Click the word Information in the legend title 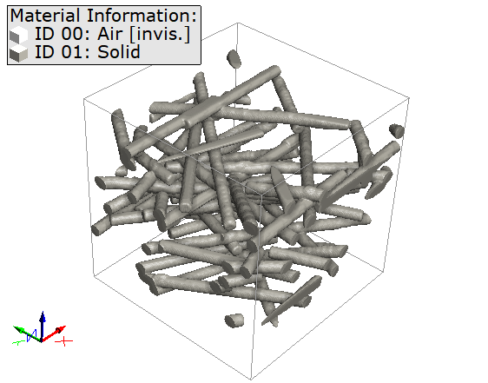[x=142, y=16]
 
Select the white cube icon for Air [x=18, y=35]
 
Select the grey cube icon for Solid [x=18, y=53]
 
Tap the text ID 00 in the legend [x=57, y=35]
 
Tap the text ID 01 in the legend [x=57, y=53]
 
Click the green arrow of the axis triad [x=22, y=330]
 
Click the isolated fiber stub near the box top [x=234, y=59]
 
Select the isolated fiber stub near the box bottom [x=234, y=320]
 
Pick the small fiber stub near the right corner [x=397, y=131]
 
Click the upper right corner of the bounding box [x=410, y=97]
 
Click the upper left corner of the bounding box [x=84, y=97]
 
